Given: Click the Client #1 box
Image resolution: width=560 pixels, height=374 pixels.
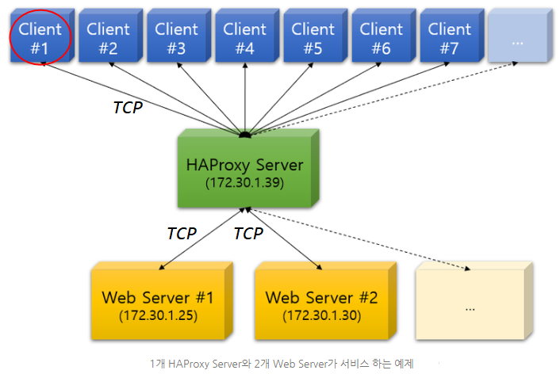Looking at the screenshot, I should pyautogui.click(x=40, y=37).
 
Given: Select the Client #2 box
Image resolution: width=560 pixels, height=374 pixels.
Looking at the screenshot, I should pyautogui.click(x=108, y=37).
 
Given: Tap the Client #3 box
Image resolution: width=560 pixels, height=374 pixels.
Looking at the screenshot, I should pyautogui.click(x=176, y=37).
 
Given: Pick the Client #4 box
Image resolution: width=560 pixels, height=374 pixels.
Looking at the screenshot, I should pyautogui.click(x=244, y=37).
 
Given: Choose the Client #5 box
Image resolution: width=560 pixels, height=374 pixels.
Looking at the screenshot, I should pyautogui.click(x=313, y=37).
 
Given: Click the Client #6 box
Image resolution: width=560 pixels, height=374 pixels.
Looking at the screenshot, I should pyautogui.click(x=381, y=37).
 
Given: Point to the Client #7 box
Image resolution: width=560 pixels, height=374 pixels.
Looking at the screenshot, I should pyautogui.click(x=449, y=37).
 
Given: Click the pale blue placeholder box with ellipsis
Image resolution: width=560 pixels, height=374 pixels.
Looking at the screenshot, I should pyautogui.click(x=517, y=37).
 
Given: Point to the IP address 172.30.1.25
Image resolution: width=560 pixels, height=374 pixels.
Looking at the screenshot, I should pyautogui.click(x=158, y=315).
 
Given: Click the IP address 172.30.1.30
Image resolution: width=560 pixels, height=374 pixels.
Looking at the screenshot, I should pyautogui.click(x=320, y=315).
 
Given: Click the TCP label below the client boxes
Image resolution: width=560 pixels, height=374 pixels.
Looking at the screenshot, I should pyautogui.click(x=128, y=108).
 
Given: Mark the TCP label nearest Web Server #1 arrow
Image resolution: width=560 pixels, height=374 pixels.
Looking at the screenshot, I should pyautogui.click(x=181, y=234).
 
